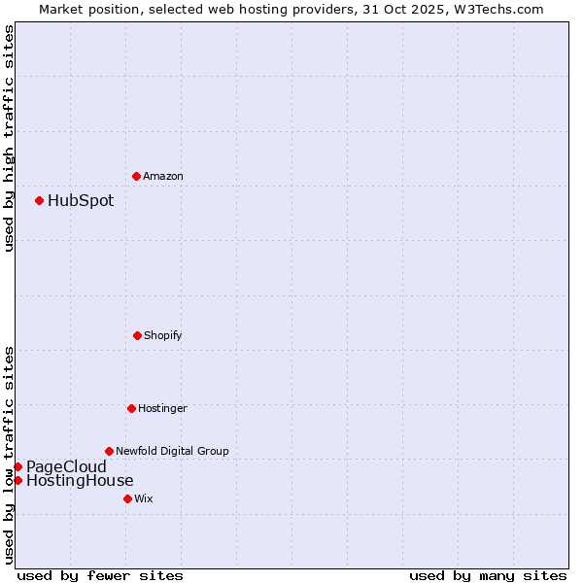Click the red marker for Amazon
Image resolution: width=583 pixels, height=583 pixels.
tap(136, 176)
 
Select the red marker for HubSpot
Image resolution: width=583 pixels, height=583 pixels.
tap(39, 201)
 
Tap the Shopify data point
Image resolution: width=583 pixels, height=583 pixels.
tap(137, 335)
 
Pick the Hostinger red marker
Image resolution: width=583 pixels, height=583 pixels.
tap(131, 408)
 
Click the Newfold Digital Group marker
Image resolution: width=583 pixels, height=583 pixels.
tap(109, 451)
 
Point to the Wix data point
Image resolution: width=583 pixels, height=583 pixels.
tap(127, 498)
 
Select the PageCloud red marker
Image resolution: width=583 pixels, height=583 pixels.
tap(17, 466)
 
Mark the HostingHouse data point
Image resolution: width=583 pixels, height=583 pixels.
tap(17, 480)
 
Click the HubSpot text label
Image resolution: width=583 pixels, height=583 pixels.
tap(81, 201)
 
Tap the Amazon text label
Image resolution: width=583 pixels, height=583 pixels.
tap(163, 176)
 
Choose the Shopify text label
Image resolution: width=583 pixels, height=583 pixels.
tap(163, 335)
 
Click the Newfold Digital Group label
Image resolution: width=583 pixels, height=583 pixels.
tap(172, 451)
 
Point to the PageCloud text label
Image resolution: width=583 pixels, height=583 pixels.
tap(66, 466)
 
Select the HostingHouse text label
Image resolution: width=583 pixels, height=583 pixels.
tap(80, 480)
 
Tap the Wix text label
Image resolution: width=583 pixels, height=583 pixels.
tap(144, 498)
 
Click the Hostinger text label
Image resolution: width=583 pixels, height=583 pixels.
tap(162, 408)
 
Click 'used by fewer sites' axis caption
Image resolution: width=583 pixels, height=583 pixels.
tap(100, 575)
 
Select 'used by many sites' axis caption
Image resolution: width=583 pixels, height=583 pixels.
tap(488, 575)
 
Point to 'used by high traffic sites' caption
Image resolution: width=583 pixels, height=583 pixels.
tap(9, 138)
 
